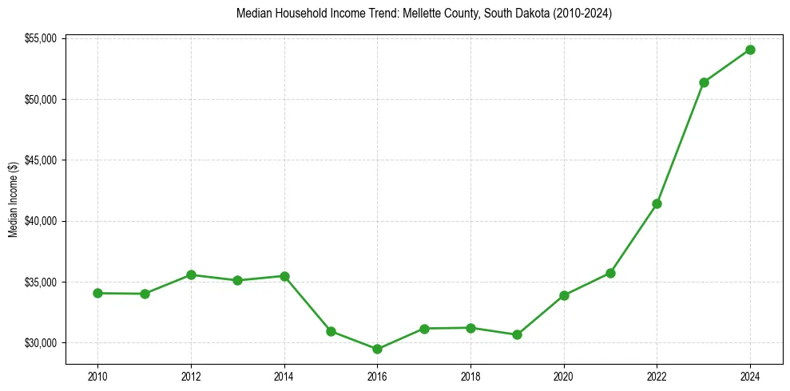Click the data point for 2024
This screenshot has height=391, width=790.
click(750, 49)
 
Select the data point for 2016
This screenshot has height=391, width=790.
click(377, 349)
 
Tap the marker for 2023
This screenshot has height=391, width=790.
click(704, 82)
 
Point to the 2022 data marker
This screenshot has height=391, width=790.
click(657, 203)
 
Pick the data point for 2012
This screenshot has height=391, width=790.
click(191, 274)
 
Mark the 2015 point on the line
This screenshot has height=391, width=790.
click(331, 331)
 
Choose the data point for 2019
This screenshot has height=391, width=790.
click(517, 334)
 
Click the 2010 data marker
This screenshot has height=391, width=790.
click(97, 293)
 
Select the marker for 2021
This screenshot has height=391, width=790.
click(610, 273)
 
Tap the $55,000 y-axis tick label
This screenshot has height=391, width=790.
click(39, 38)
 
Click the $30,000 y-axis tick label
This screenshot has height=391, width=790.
click(39, 343)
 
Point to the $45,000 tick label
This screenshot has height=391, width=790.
click(39, 160)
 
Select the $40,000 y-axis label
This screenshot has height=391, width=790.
click(39, 221)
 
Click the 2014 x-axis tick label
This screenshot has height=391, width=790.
click(284, 376)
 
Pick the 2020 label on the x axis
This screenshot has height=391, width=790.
click(564, 376)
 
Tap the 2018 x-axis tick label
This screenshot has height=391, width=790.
click(470, 376)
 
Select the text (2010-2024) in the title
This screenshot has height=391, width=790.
click(582, 14)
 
